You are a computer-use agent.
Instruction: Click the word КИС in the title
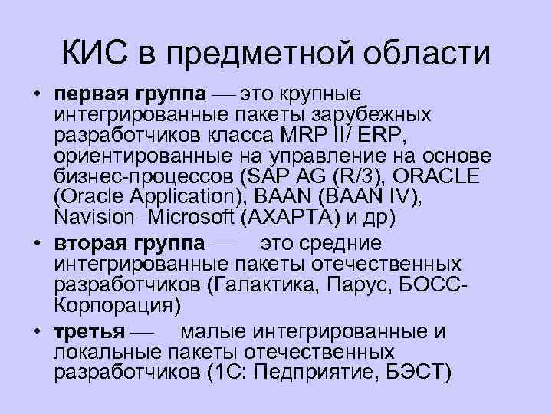coord(95,54)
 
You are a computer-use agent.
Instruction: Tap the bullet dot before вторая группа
coord(36,243)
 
